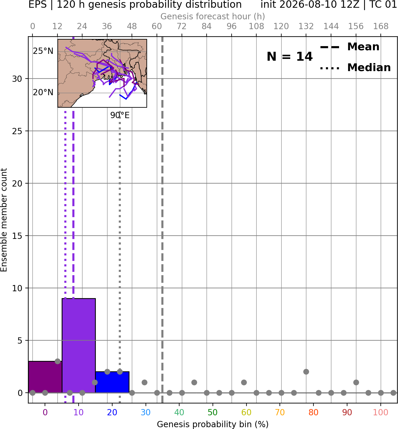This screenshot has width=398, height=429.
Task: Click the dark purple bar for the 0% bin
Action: tap(45, 377)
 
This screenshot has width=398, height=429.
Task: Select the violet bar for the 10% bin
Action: tap(79, 346)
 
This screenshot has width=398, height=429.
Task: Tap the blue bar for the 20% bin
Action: tap(112, 382)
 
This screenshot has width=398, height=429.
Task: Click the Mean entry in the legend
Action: tap(349, 47)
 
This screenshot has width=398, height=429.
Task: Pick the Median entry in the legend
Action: tap(355, 68)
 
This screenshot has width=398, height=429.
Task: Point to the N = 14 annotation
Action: tap(290, 57)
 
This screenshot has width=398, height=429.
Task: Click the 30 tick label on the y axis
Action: tap(17, 79)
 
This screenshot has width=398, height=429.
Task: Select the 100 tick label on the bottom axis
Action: tap(380, 412)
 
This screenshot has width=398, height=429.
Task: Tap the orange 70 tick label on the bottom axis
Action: tap(280, 412)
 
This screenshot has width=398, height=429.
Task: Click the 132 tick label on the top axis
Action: tap(306, 26)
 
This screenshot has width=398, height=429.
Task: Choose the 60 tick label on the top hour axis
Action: tap(157, 26)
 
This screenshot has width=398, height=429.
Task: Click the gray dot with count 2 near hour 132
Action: tap(306, 372)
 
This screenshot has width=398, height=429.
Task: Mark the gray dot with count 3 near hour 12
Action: tap(57, 361)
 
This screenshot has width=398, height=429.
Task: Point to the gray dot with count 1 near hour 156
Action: tap(356, 382)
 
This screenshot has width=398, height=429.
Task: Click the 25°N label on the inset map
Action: tap(43, 51)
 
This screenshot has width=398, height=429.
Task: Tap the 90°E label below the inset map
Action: tap(120, 115)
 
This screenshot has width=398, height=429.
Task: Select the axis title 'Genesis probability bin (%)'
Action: tap(213, 424)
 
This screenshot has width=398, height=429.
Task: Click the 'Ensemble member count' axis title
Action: tap(4, 220)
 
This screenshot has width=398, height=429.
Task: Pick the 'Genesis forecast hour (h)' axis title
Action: tap(213, 16)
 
